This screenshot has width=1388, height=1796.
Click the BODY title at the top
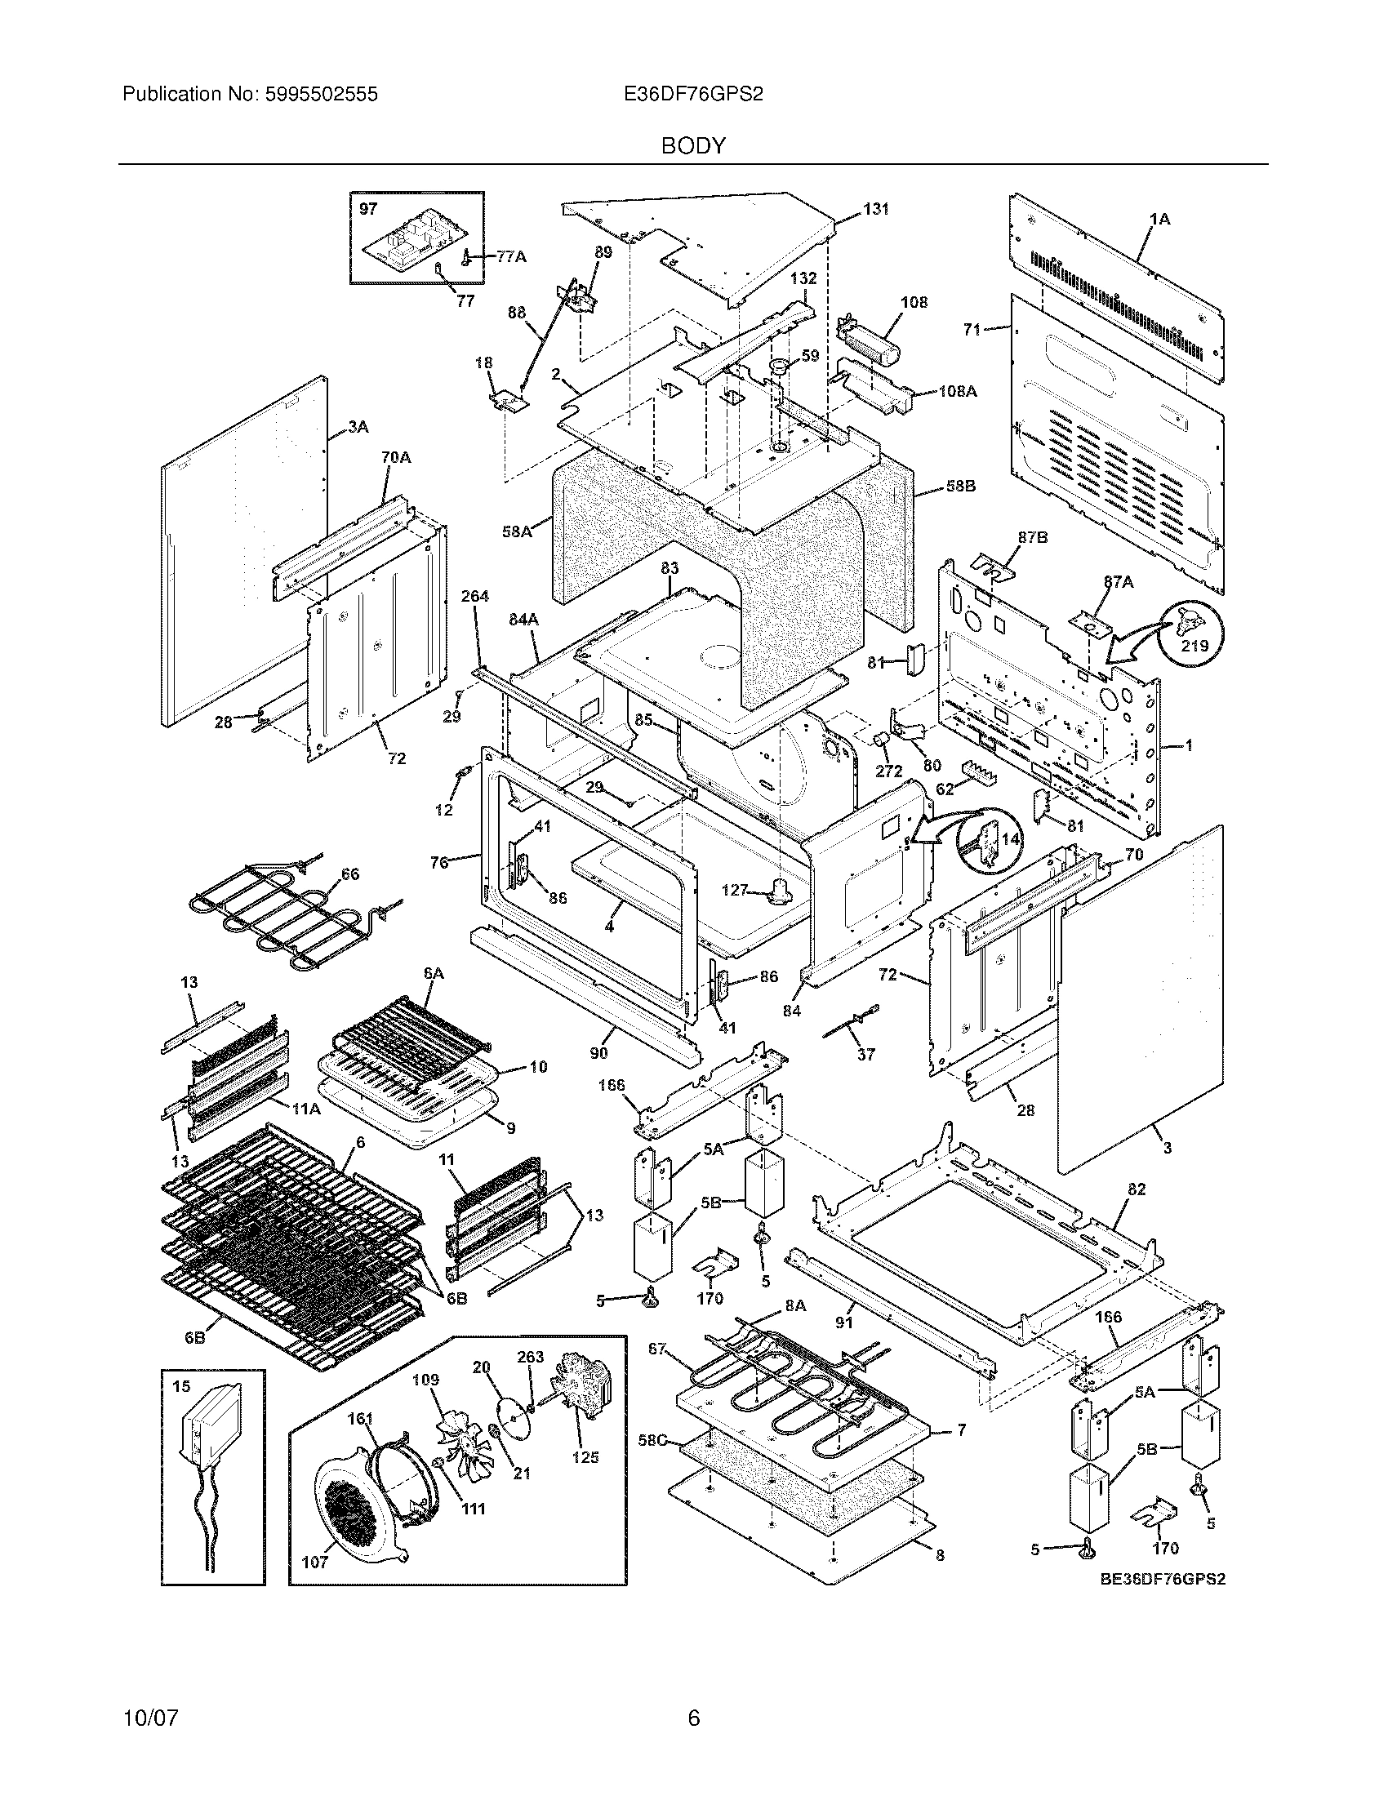[693, 146]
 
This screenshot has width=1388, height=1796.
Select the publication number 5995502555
[320, 95]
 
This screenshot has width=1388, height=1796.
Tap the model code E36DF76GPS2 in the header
[693, 95]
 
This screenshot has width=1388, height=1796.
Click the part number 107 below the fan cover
[315, 1561]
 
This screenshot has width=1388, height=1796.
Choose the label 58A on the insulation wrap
[515, 532]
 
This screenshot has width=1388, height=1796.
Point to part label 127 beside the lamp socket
[734, 889]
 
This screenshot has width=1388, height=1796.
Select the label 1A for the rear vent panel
[1159, 219]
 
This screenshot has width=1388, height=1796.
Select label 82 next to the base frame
[1137, 1190]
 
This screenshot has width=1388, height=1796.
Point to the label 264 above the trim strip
[474, 596]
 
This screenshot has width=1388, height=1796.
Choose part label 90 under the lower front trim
[599, 1053]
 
